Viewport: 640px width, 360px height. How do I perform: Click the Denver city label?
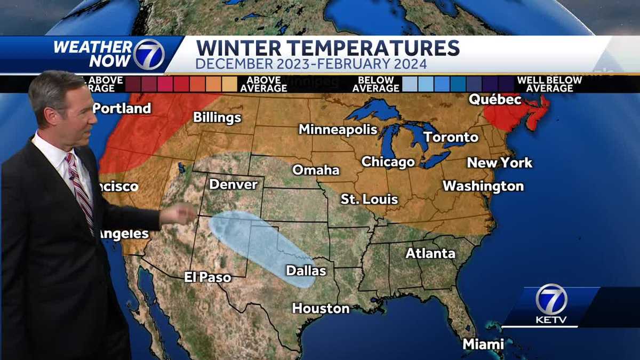(233, 185)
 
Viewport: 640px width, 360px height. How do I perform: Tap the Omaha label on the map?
(316, 170)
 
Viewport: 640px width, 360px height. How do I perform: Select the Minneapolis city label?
(338, 130)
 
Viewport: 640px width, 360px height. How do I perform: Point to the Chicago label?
(388, 162)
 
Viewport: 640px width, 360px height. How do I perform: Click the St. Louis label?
(369, 199)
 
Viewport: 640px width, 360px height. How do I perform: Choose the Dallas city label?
(306, 270)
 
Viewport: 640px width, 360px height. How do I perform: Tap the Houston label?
(321, 308)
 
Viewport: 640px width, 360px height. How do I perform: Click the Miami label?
(483, 344)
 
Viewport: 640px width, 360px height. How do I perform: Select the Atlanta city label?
(430, 253)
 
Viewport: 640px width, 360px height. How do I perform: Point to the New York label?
(499, 163)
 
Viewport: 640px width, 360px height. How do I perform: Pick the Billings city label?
(217, 117)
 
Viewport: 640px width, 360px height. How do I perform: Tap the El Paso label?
(207, 277)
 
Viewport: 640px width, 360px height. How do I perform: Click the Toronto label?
(451, 137)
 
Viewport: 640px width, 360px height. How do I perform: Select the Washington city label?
(483, 186)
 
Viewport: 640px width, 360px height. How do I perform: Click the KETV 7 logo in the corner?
(551, 305)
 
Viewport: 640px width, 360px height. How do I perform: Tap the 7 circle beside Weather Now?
(149, 54)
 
